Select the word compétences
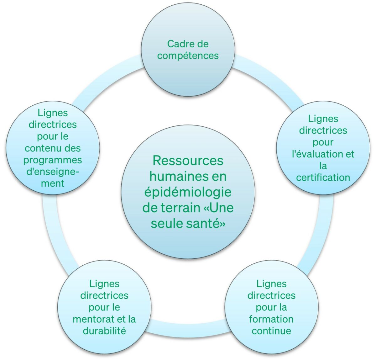point(188,56)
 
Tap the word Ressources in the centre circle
point(188,161)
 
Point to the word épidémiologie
point(188,193)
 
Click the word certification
point(323,177)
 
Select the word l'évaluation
point(318,154)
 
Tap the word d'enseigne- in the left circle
point(53,172)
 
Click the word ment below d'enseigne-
point(53,183)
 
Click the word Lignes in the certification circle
point(323,119)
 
